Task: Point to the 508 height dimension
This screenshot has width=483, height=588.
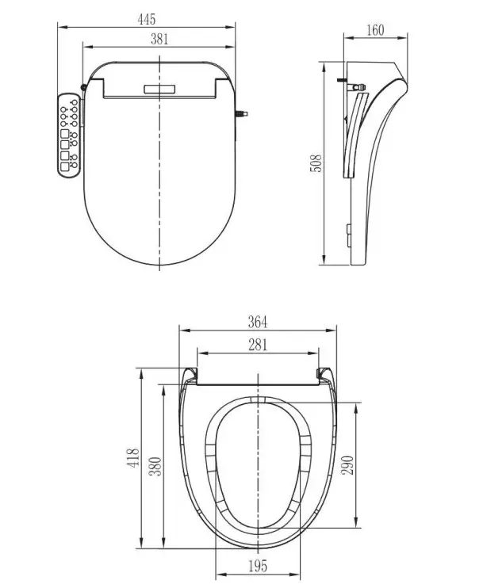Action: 316,162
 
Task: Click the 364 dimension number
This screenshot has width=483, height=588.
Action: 258,321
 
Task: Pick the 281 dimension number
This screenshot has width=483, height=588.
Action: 258,344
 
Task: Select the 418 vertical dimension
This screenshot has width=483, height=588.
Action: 134,458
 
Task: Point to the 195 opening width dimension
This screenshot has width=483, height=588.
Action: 258,566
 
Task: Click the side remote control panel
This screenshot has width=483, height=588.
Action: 69,136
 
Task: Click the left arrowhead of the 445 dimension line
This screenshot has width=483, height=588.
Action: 59,23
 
